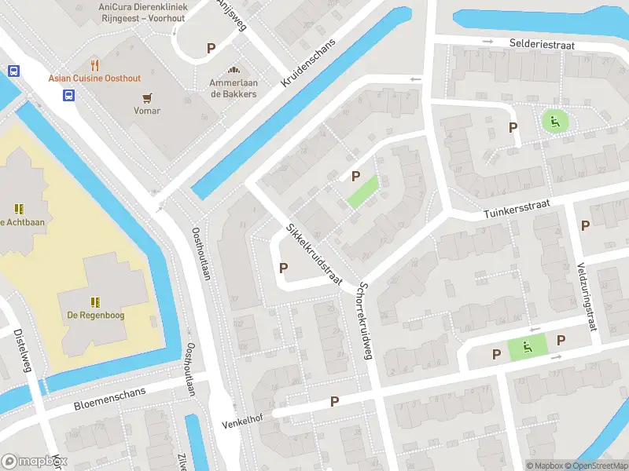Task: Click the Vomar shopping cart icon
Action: coord(147,97)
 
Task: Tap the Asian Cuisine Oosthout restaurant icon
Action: coord(95,64)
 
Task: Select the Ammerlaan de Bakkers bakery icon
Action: coord(233,70)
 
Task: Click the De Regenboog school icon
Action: coord(95,301)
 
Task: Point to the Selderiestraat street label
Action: coord(542,45)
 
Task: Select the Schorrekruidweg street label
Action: coord(364,320)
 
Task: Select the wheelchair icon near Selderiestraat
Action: coord(555,121)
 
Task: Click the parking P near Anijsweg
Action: coord(211,48)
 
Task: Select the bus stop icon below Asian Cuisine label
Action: coord(69,95)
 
